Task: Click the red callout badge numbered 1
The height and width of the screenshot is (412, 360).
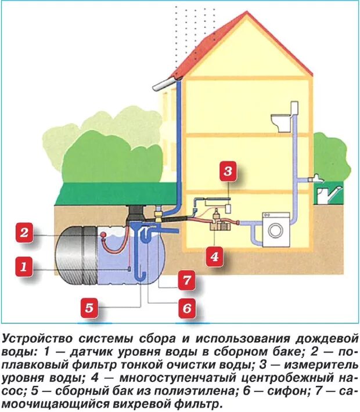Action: point(23,268)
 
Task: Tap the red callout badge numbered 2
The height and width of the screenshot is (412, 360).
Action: point(23,234)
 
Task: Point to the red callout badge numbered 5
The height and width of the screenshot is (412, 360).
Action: point(89,308)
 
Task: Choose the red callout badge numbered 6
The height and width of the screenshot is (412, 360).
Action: point(186,308)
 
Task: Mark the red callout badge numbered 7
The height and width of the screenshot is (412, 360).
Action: point(186,280)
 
